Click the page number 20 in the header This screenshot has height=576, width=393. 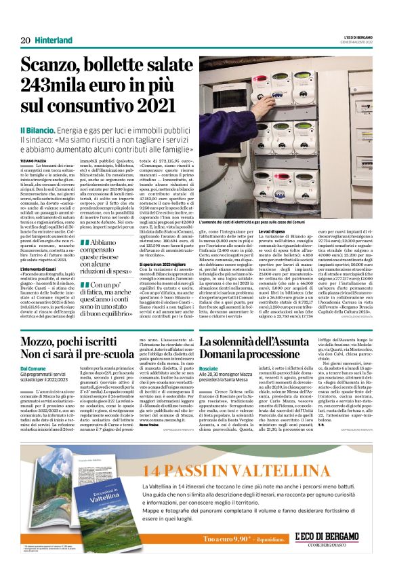(x=25, y=41)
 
